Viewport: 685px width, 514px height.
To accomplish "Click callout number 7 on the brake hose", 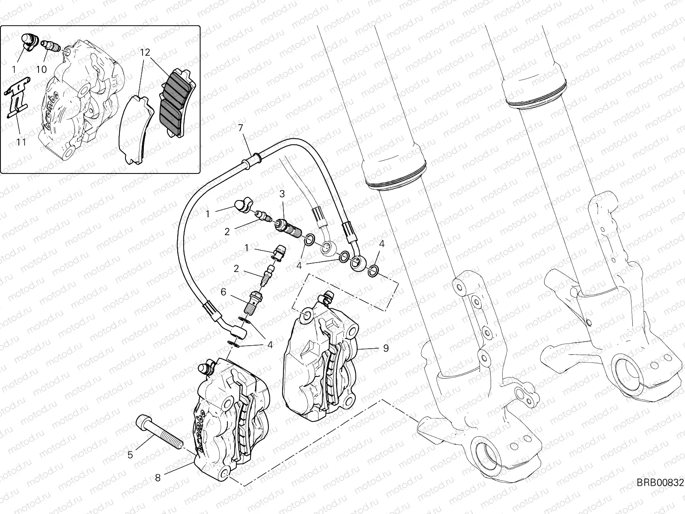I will (241, 128).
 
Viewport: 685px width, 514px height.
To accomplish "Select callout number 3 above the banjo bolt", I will (282, 194).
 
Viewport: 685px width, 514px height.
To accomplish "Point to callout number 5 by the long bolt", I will (131, 455).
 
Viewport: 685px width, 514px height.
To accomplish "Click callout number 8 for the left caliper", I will (158, 477).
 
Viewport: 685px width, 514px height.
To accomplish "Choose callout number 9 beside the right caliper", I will (386, 348).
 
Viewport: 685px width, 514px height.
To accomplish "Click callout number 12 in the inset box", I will (145, 53).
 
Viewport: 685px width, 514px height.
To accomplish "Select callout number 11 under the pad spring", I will (21, 141).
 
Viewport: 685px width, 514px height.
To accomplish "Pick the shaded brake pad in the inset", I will (177, 104).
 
